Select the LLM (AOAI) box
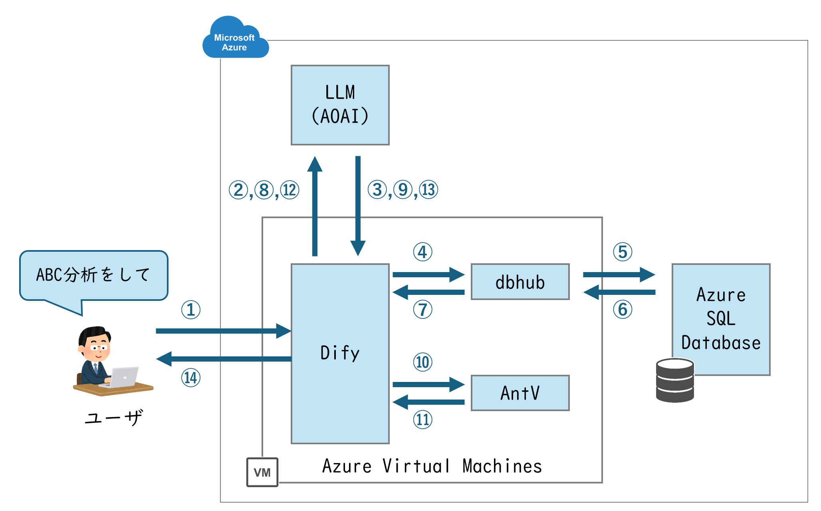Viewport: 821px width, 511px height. pyautogui.click(x=340, y=105)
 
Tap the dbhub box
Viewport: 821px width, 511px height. pyautogui.click(x=520, y=282)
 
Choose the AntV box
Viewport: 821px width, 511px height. pyautogui.click(x=520, y=393)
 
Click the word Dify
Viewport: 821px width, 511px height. pyautogui.click(x=340, y=353)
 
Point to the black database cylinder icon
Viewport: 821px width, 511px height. pyautogui.click(x=675, y=380)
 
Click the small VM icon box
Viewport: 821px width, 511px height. pyautogui.click(x=262, y=472)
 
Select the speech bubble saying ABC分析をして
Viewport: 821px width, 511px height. pyautogui.click(x=93, y=275)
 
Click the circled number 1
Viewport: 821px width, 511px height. pyautogui.click(x=191, y=310)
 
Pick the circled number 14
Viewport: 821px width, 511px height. pyautogui.click(x=191, y=378)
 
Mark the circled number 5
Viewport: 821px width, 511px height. pyautogui.click(x=623, y=252)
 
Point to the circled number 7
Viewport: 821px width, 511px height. pyautogui.click(x=422, y=310)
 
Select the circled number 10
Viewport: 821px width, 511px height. pyautogui.click(x=422, y=362)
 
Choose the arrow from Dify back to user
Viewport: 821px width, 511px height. pyautogui.click(x=224, y=359)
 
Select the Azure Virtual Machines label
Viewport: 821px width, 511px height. pyautogui.click(x=432, y=466)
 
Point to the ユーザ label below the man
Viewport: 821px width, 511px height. pyautogui.click(x=113, y=418)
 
